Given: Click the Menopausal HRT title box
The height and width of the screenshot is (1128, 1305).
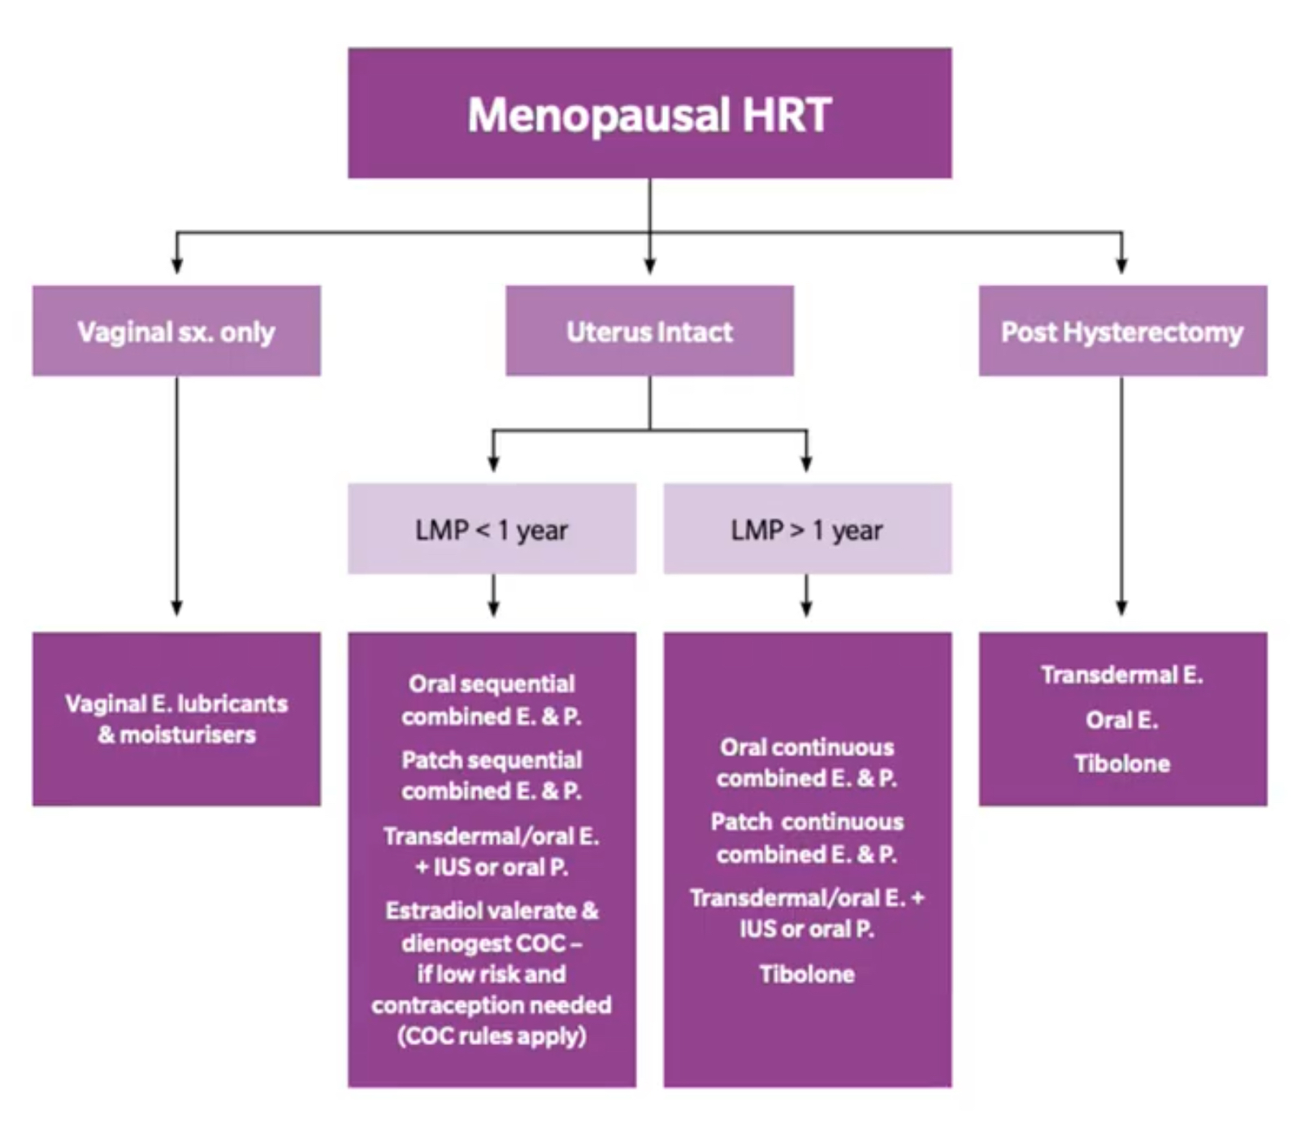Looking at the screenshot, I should pos(649,113).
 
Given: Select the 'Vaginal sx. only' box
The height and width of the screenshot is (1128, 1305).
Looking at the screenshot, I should pos(176,331).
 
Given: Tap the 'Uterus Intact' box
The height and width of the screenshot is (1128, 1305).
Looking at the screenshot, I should pos(649,331).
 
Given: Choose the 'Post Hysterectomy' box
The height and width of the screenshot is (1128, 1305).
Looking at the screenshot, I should pos(1122,331).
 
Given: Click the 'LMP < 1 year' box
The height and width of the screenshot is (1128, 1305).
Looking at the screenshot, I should pos(492,529).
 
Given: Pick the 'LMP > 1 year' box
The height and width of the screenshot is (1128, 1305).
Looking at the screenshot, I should pos(807,529).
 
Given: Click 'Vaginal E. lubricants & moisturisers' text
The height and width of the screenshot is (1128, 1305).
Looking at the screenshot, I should pos(176,718).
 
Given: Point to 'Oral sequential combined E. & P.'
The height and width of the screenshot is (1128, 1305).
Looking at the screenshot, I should pos(492,700).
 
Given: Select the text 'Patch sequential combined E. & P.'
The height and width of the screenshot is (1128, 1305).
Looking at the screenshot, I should pos(492,775).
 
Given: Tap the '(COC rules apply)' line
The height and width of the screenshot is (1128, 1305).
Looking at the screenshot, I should pos(492,1036).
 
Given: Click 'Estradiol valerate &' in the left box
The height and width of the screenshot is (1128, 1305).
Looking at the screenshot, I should pos(492,911).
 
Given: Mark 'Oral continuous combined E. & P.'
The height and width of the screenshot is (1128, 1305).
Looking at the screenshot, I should pos(807,762).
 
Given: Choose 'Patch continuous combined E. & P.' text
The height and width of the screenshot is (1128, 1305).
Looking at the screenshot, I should pos(807,838).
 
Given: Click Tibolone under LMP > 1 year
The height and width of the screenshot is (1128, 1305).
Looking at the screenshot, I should pos(807,974).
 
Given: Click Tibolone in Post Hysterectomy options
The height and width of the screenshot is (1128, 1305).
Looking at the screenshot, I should pos(1122,763).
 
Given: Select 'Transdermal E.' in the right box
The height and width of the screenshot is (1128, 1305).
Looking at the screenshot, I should pos(1122,675).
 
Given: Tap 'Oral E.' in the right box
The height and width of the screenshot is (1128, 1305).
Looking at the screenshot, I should pos(1122,719).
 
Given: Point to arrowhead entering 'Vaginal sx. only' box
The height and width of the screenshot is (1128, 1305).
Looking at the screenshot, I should pos(176,266).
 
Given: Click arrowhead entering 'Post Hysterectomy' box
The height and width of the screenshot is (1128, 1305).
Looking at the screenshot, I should pos(1122,266).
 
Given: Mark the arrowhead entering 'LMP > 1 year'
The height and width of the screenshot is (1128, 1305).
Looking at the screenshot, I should pos(806,464).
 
